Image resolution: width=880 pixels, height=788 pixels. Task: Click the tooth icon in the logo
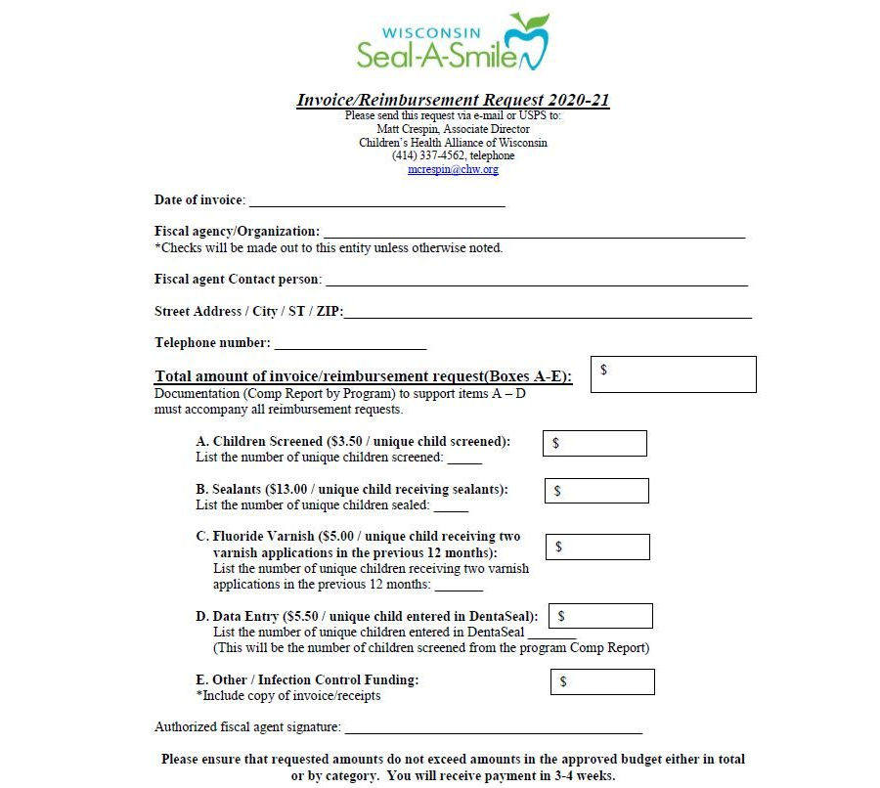[531, 44]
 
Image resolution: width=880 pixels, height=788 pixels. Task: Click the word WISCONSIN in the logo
[438, 31]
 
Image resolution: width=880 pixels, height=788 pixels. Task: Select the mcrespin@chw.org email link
[453, 169]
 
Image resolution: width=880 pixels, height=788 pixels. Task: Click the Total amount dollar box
[673, 374]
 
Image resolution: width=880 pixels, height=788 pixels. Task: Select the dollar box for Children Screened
[594, 443]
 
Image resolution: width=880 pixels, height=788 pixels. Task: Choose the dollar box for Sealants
[595, 491]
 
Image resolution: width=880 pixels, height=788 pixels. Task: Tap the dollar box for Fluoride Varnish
[596, 547]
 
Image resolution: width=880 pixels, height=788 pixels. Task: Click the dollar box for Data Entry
[600, 616]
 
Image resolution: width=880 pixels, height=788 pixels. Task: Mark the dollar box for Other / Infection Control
[602, 681]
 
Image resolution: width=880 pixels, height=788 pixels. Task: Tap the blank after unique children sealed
[451, 507]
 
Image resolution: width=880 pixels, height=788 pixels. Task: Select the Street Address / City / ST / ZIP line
[548, 314]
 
